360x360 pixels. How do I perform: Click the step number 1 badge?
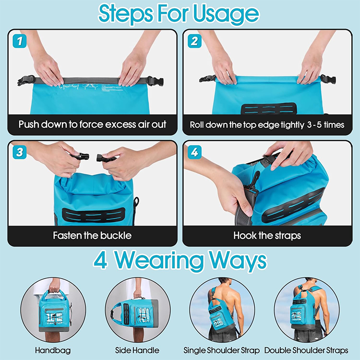pyautogui.click(x=20, y=41)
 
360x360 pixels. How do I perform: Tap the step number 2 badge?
pyautogui.click(x=194, y=41)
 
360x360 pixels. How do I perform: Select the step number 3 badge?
pyautogui.click(x=20, y=152)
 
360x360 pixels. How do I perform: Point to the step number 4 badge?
pyautogui.click(x=194, y=152)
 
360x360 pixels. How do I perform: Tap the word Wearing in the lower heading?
pyautogui.click(x=159, y=261)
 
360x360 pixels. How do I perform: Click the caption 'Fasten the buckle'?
pyautogui.click(x=92, y=235)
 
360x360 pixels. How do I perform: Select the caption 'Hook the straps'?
pyautogui.click(x=267, y=236)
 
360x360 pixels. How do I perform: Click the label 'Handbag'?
pyautogui.click(x=53, y=350)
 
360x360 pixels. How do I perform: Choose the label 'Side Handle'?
pyautogui.click(x=137, y=350)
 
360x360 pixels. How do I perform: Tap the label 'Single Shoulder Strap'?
pyautogui.click(x=222, y=350)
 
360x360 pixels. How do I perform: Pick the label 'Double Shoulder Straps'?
pyautogui.click(x=306, y=350)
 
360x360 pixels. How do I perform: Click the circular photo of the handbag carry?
pyautogui.click(x=53, y=310)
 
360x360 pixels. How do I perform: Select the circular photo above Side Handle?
pyautogui.click(x=138, y=310)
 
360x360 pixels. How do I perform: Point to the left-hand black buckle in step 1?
pyautogui.click(x=26, y=81)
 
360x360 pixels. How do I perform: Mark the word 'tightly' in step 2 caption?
pyautogui.click(x=292, y=125)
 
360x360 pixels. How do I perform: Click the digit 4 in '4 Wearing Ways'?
pyautogui.click(x=100, y=261)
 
